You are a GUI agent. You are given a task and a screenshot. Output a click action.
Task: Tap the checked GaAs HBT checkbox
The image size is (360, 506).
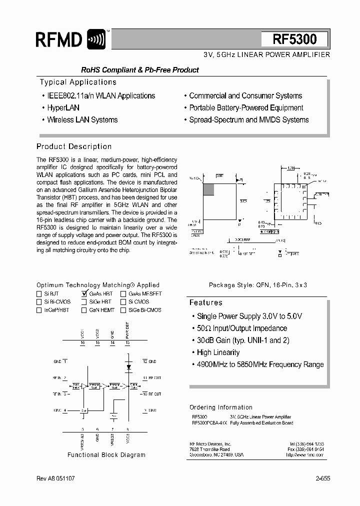click(x=84, y=294)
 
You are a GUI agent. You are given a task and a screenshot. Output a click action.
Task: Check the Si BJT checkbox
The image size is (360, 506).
click(x=39, y=294)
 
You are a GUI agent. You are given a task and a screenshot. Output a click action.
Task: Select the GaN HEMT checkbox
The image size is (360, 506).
click(x=84, y=310)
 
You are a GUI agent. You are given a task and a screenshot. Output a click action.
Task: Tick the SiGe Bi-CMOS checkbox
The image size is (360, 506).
click(x=123, y=310)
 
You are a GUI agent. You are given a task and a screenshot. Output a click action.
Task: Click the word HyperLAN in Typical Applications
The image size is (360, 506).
click(x=63, y=107)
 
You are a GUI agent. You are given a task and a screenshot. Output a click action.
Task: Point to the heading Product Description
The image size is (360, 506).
click(x=74, y=146)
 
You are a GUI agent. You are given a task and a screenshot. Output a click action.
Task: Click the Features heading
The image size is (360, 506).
click(x=205, y=302)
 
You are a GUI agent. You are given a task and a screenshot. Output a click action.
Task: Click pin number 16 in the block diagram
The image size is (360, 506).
click(x=82, y=343)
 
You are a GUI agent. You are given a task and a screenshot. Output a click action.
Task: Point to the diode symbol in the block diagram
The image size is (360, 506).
click(x=128, y=366)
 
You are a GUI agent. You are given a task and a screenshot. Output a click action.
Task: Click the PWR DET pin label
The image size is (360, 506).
click(x=127, y=331)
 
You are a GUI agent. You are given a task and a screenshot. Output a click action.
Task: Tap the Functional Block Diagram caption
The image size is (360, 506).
click(x=106, y=455)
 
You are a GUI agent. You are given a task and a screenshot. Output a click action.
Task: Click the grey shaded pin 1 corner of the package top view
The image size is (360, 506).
click(x=208, y=189)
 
